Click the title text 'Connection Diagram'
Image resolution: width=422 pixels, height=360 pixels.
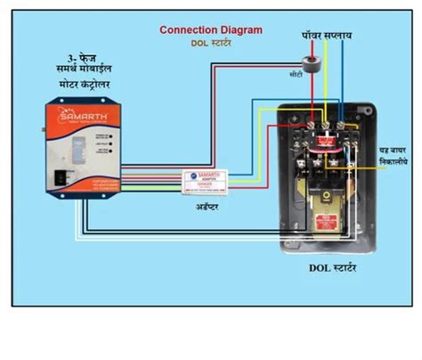click(x=211, y=29)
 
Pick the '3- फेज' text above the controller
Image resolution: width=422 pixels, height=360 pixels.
click(x=77, y=69)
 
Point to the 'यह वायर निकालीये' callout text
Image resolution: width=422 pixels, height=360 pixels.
click(x=391, y=156)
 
